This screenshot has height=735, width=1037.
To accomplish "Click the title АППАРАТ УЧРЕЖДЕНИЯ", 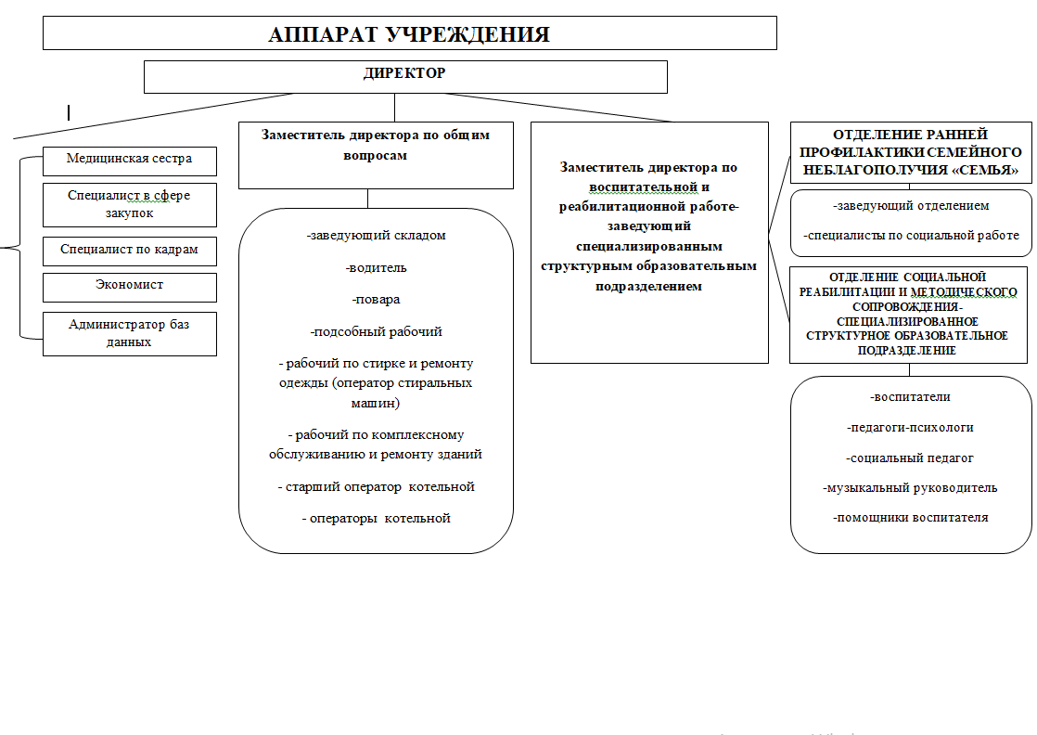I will pyautogui.click(x=409, y=34).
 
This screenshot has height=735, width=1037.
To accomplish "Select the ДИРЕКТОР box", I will pyautogui.click(x=404, y=73).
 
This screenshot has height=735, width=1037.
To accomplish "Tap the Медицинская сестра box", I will pyautogui.click(x=129, y=159).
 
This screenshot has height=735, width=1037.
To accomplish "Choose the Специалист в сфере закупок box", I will pyautogui.click(x=129, y=204).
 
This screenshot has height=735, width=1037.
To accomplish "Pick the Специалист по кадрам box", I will pyautogui.click(x=129, y=250).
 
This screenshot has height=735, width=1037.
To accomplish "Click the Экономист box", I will pyautogui.click(x=129, y=285).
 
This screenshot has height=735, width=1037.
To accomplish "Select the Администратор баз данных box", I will pyautogui.click(x=129, y=333).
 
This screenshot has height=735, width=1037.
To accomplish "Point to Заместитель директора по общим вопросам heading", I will pyautogui.click(x=376, y=145).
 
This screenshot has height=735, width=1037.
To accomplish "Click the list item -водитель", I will pyautogui.click(x=376, y=267).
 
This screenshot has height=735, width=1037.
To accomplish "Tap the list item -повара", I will pyautogui.click(x=376, y=300).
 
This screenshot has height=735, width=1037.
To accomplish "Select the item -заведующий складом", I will pyautogui.click(x=376, y=235).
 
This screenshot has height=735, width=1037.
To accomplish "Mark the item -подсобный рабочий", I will pyautogui.click(x=376, y=331).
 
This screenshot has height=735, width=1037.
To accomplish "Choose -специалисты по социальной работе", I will pyautogui.click(x=911, y=236).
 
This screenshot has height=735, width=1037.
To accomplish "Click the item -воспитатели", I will pyautogui.click(x=910, y=397).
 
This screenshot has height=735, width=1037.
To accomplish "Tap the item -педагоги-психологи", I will pyautogui.click(x=910, y=427).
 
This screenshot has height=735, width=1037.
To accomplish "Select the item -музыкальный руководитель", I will pyautogui.click(x=910, y=487).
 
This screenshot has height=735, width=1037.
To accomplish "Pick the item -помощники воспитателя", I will pyautogui.click(x=910, y=517).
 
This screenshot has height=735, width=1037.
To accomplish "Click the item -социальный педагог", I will pyautogui.click(x=910, y=458).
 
